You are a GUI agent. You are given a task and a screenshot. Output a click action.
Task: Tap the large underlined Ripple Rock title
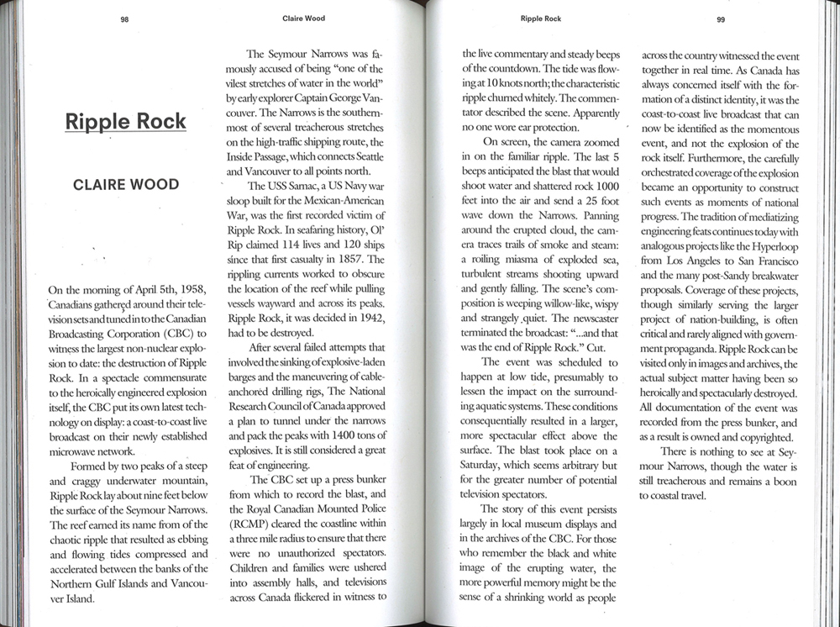tap(126, 121)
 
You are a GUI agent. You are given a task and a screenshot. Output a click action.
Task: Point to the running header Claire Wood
tap(303, 18)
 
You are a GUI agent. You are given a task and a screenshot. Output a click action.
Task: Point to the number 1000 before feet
tap(604, 185)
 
